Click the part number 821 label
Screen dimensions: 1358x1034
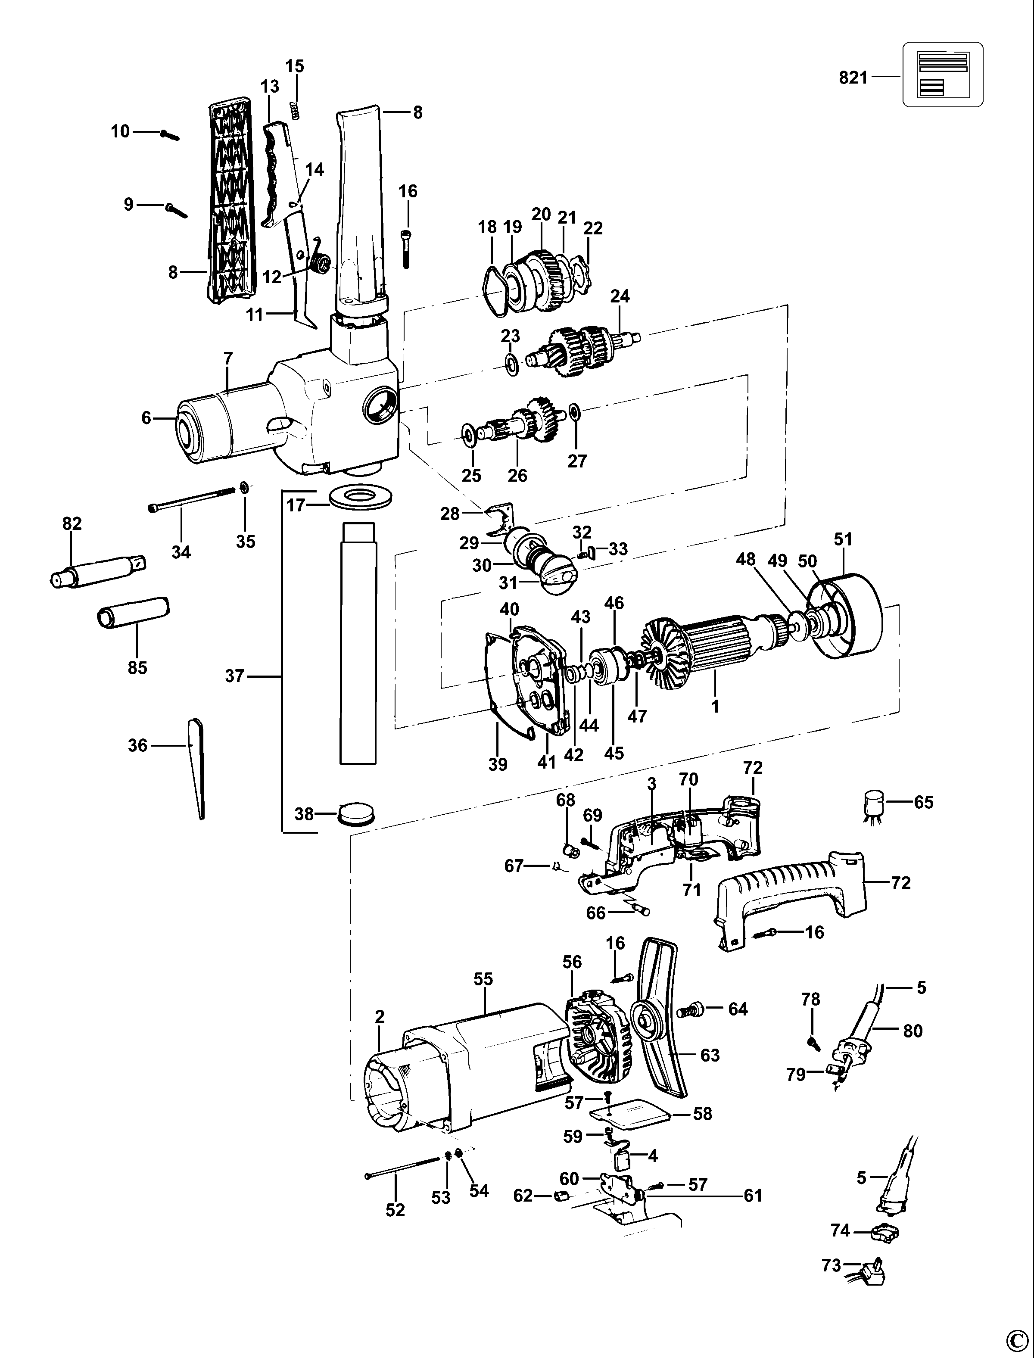tap(853, 78)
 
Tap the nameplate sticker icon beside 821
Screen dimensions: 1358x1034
tap(942, 75)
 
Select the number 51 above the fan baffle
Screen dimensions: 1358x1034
tap(843, 540)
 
